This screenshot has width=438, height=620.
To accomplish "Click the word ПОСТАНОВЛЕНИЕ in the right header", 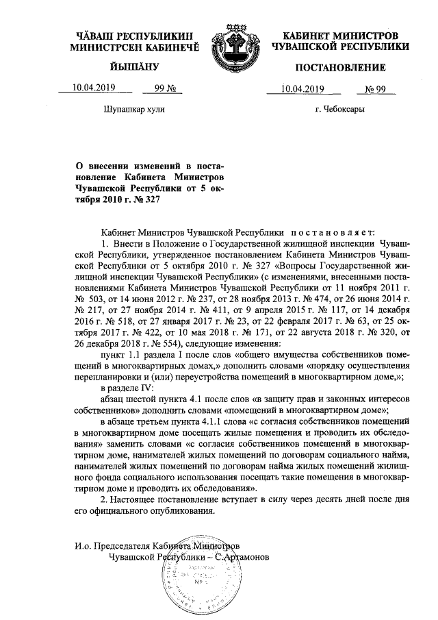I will (340, 67).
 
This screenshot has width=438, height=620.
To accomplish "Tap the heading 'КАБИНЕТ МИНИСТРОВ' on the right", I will (340, 35).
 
